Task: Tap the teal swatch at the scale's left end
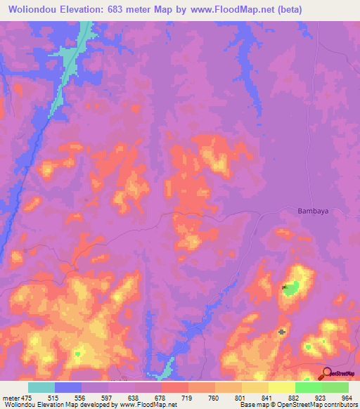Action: click(41, 387)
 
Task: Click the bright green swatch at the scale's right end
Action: click(335, 387)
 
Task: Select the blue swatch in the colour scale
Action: click(67, 387)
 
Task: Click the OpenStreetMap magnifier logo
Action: click(327, 374)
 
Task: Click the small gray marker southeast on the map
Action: click(282, 332)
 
